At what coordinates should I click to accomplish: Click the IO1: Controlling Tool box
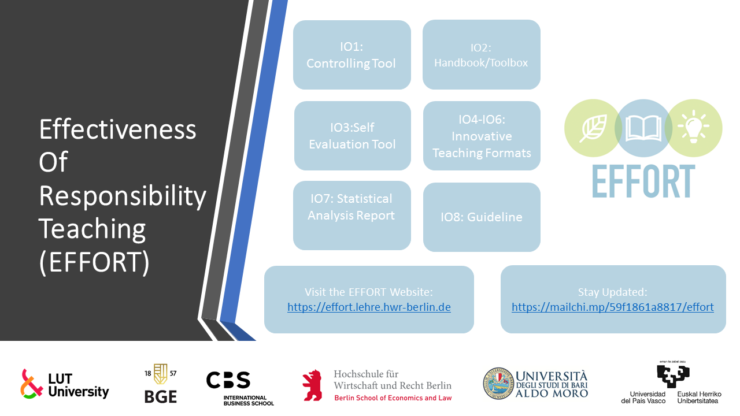pos(352,55)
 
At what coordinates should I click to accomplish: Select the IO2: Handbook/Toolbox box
pos(482,54)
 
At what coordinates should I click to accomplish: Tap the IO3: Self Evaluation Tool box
pos(353,136)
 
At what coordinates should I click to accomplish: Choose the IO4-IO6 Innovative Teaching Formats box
pos(482,136)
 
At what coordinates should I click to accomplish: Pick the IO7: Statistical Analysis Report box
pos(352,216)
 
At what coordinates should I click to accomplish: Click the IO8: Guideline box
pos(482,217)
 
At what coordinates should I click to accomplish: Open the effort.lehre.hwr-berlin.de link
pos(369,307)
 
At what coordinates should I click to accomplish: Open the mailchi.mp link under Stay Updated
pos(612,307)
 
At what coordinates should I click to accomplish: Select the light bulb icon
pos(693,127)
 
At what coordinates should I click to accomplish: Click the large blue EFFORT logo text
pos(643,181)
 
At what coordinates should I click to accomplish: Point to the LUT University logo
pos(65,384)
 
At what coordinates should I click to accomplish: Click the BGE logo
pos(161,383)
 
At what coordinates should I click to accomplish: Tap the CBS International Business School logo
pos(240,388)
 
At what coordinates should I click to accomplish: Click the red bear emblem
pos(312,385)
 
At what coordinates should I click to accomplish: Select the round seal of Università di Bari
pos(498,383)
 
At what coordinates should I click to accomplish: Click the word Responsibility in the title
pos(123,196)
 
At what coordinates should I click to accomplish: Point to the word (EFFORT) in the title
pos(94,262)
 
